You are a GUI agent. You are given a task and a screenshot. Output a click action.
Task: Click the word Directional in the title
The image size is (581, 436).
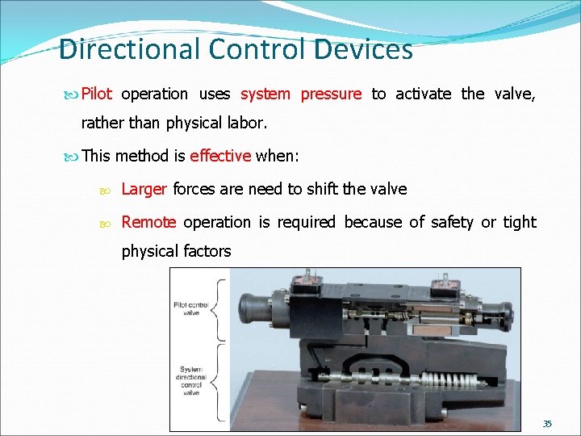[x=129, y=49]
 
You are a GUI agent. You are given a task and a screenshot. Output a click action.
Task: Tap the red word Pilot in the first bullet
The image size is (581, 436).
[x=96, y=94]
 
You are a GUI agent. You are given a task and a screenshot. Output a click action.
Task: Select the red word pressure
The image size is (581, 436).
[x=331, y=94]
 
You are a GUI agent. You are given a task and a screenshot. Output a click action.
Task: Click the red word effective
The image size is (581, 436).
[x=220, y=156]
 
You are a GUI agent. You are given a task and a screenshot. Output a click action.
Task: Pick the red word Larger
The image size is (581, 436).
[x=144, y=190]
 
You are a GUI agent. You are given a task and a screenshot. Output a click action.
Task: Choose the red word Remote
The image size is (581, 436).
[x=148, y=222]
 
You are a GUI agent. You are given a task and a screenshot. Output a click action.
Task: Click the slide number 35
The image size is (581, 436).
[x=547, y=423]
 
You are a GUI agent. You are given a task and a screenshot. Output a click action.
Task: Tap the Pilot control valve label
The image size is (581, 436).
[x=191, y=308]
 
